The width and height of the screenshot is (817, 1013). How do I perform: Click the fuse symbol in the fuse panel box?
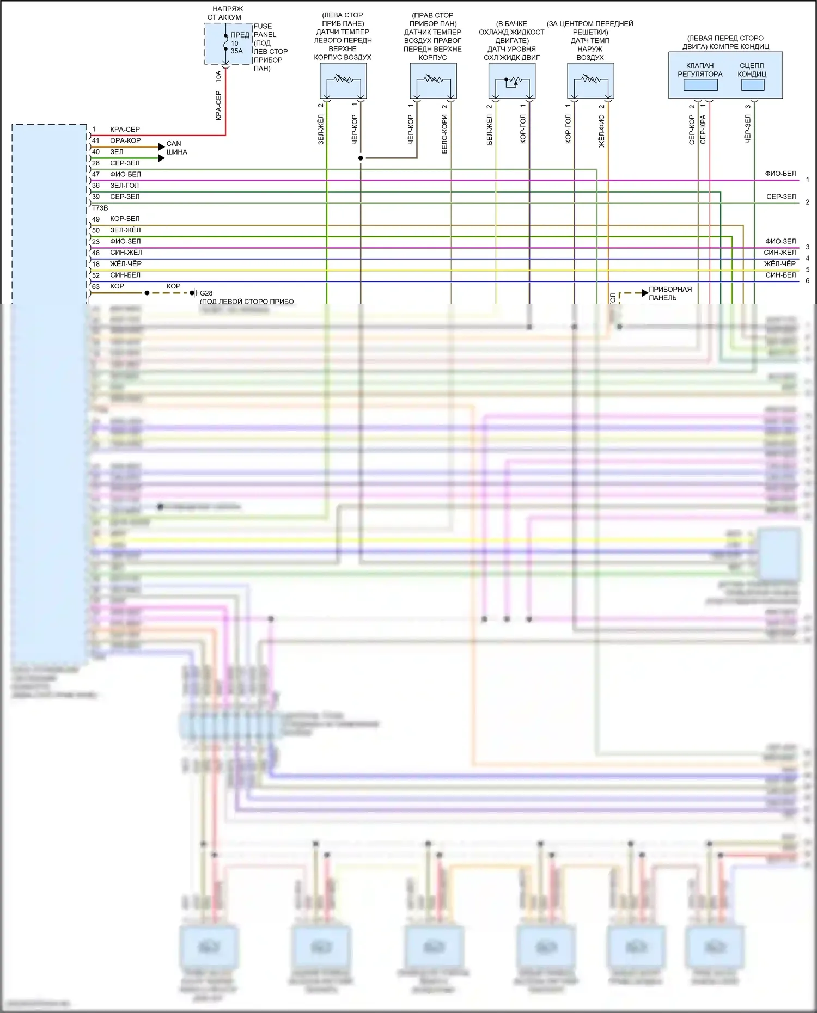click(x=225, y=42)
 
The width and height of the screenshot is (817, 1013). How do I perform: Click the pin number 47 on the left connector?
click(x=96, y=175)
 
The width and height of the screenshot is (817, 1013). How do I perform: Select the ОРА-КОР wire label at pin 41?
click(x=125, y=140)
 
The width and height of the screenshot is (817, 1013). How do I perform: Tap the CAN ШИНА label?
click(x=176, y=148)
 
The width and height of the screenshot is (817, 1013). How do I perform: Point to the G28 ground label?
click(x=206, y=293)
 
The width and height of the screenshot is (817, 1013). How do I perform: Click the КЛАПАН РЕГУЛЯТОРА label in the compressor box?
click(x=700, y=70)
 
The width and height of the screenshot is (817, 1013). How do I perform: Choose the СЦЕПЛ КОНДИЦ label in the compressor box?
click(x=752, y=70)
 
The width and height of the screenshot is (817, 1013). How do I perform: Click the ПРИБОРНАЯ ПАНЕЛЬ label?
click(x=670, y=293)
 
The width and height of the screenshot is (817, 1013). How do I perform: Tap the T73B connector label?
click(x=100, y=208)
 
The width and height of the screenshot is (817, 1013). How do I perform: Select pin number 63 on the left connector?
click(x=96, y=286)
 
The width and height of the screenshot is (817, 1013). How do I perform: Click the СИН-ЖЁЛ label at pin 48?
click(x=126, y=253)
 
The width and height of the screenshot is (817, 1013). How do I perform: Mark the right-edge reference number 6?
click(x=807, y=281)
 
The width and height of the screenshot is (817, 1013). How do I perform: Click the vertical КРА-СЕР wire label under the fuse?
click(x=218, y=106)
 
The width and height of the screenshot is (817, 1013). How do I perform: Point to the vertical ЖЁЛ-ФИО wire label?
click(x=602, y=131)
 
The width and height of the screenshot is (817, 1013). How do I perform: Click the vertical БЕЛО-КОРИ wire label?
click(x=444, y=134)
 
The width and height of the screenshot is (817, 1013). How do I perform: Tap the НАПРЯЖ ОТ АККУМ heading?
click(x=227, y=13)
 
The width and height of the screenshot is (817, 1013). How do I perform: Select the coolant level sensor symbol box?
click(x=511, y=81)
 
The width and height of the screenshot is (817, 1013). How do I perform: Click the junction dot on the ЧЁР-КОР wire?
click(x=361, y=158)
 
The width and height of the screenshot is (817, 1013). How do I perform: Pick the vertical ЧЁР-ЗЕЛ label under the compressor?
click(x=748, y=129)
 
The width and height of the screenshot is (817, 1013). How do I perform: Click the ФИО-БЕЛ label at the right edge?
click(x=780, y=174)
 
